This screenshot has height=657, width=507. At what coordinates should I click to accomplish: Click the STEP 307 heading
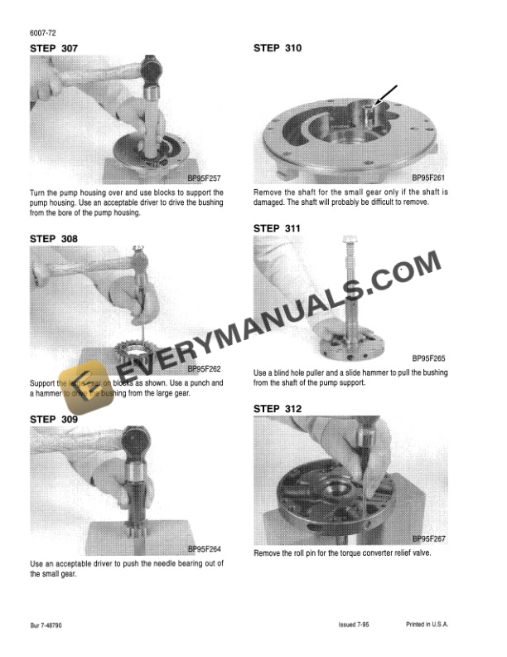tap(54, 48)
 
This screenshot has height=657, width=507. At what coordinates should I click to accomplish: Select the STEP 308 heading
tap(54, 239)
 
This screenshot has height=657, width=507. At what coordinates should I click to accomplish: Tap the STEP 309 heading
tap(54, 420)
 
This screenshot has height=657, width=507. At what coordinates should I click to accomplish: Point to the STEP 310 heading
tap(278, 48)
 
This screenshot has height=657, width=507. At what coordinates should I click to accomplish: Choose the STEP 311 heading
tap(278, 228)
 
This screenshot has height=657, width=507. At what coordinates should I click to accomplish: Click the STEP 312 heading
tap(278, 409)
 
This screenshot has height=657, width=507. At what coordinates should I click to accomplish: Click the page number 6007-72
tap(42, 32)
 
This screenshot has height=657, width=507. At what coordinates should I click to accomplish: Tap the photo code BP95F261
tap(429, 178)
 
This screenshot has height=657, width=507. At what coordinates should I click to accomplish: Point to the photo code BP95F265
tap(429, 358)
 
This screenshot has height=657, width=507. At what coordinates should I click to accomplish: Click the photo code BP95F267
tap(429, 538)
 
